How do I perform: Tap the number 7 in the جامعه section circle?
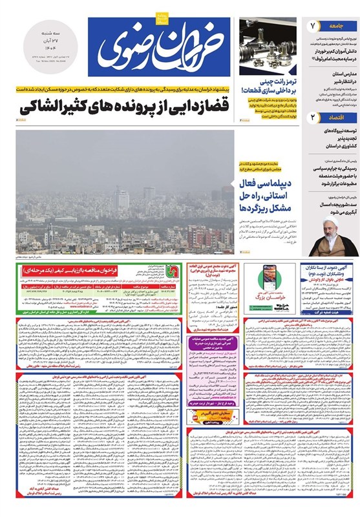[x=313, y=26]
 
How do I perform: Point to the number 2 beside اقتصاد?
[x=313, y=118]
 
